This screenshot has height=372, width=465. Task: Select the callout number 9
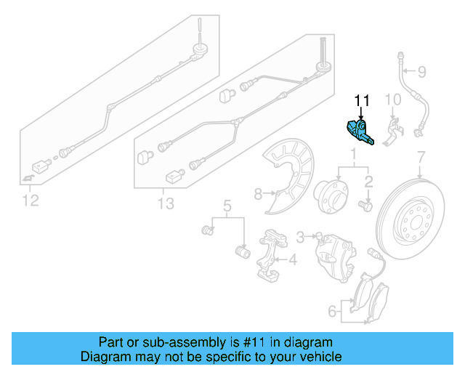click(x=421, y=71)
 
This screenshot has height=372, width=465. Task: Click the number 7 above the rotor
click(x=419, y=158)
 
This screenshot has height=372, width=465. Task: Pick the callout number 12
click(x=29, y=200)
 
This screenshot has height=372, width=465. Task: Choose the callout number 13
click(x=166, y=204)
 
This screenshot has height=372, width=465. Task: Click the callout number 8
click(x=257, y=193)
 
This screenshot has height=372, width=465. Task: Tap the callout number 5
click(x=227, y=206)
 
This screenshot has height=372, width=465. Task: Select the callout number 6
click(x=332, y=312)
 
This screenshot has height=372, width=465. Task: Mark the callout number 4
click(x=293, y=259)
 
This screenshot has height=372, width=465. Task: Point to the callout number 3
click(x=300, y=236)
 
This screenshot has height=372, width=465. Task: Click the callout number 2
click(x=368, y=182)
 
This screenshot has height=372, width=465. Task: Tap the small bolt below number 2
click(x=366, y=207)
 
